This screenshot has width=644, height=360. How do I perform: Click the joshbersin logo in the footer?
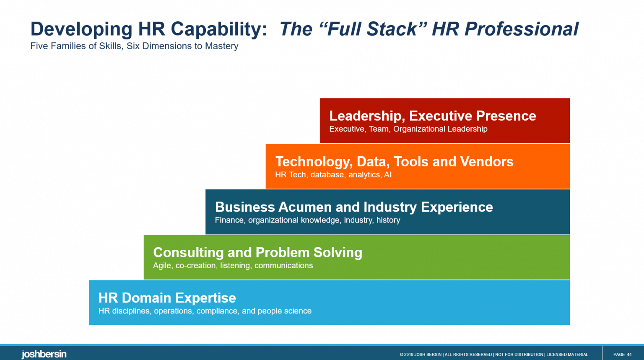44,354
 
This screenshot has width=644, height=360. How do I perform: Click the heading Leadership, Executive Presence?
432,116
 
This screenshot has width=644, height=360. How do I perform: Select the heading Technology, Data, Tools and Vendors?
394,161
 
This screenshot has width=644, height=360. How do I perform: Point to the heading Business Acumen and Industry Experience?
353,207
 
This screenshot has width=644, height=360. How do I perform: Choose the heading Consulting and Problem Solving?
257,252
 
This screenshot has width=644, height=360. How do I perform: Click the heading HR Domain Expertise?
167,298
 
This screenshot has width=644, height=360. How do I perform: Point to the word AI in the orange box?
388,175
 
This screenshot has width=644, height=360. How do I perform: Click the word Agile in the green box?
162,266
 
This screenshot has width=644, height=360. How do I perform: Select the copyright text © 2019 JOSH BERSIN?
420,355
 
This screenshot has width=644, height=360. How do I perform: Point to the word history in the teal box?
388,220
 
